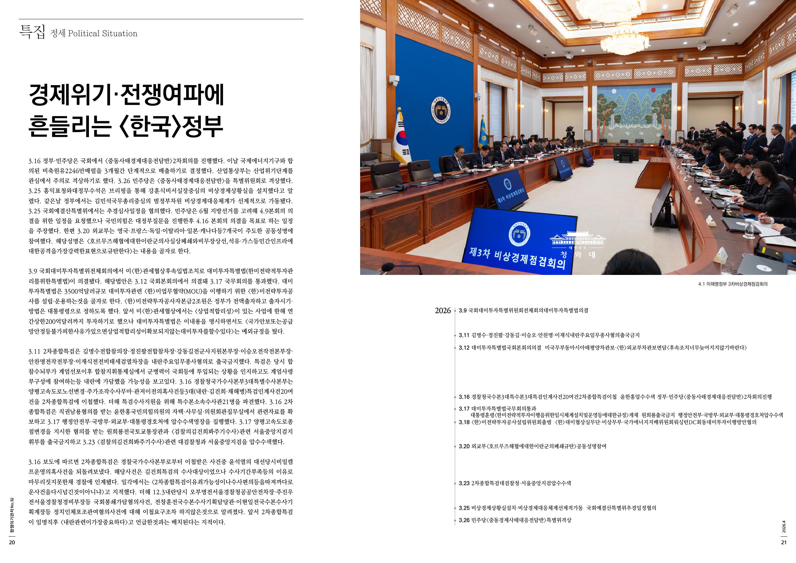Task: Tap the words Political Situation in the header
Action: (103, 34)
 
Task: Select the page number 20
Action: (12, 542)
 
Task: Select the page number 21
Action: (784, 542)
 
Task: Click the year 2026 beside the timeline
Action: (443, 311)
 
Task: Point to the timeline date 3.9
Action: (463, 311)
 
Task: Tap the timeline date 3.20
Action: (464, 446)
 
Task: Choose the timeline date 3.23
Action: (464, 483)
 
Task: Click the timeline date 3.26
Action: (464, 520)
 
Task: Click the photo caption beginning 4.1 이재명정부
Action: (733, 284)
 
